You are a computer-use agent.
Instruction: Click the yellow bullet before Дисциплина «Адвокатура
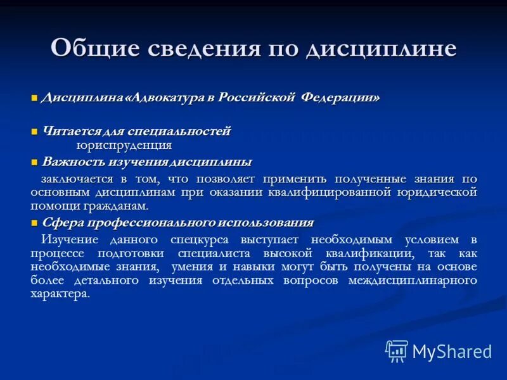click(35, 98)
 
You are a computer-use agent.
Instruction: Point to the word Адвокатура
click(165, 98)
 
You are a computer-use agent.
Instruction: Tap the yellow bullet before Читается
click(35, 132)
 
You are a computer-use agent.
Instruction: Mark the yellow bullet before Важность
click(35, 162)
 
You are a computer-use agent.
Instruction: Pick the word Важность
click(69, 161)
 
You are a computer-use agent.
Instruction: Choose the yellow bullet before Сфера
click(35, 223)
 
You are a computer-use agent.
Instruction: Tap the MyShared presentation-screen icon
click(397, 351)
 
